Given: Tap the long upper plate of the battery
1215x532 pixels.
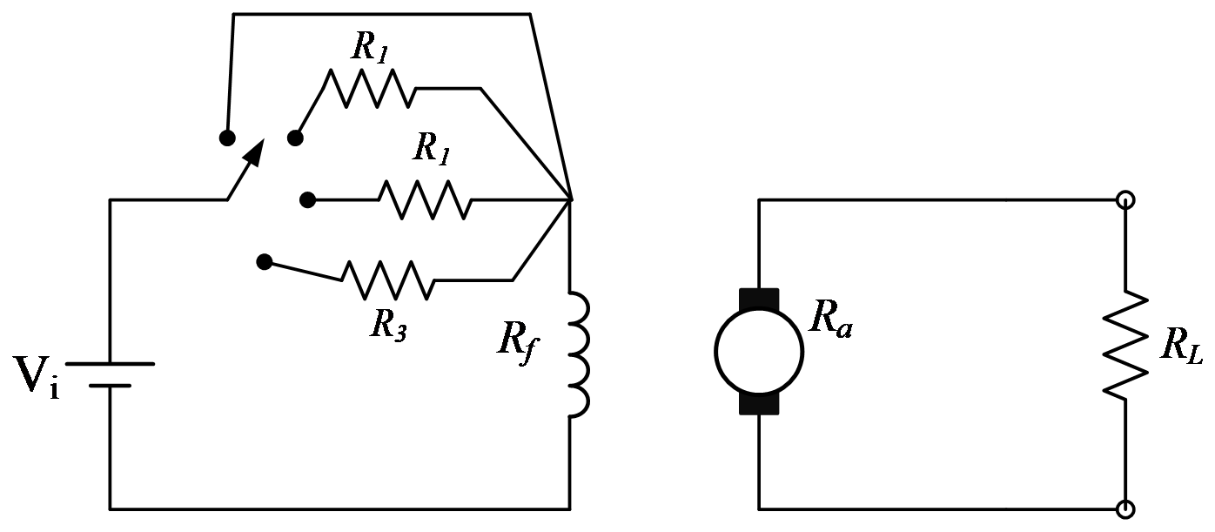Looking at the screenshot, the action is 111,364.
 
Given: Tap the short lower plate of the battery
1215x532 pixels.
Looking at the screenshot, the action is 111,386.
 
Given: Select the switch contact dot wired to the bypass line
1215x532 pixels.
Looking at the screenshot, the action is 227,138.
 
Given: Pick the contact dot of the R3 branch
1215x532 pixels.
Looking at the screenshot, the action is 265,262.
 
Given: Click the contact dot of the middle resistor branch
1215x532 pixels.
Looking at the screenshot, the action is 307,200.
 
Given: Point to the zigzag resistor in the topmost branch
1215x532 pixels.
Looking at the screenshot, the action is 369,88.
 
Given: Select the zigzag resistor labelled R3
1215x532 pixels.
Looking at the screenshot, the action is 388,280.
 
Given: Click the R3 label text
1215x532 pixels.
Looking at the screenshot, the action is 388,327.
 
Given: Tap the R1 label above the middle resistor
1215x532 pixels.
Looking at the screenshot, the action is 431,148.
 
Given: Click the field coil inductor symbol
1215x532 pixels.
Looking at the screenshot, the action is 578,355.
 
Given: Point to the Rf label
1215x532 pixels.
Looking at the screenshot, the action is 519,342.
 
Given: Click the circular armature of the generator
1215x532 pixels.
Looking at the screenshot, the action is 759,352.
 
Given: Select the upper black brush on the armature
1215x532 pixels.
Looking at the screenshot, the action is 759,300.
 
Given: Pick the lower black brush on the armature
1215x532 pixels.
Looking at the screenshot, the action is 759,404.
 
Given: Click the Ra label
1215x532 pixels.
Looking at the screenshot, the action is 830,321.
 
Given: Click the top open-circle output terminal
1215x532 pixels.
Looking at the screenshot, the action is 1125,199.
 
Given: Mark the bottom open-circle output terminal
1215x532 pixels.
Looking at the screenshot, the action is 1125,509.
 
